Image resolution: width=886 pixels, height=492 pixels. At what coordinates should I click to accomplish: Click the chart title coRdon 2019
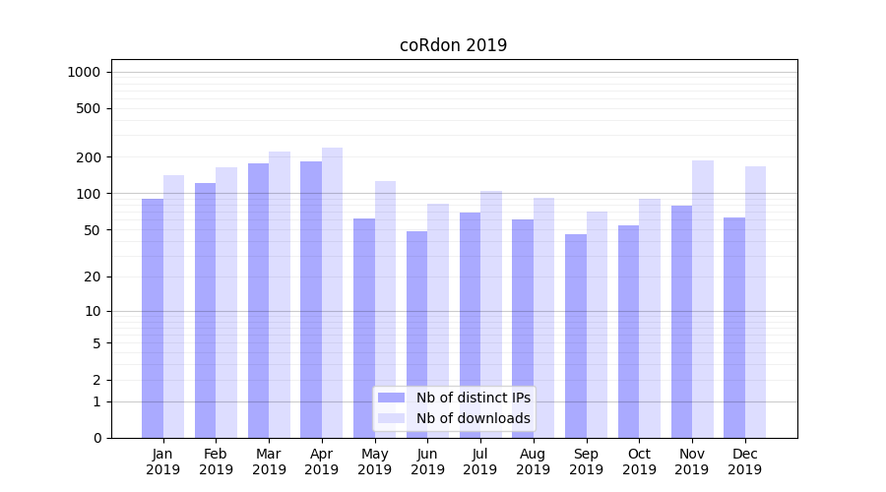[x=453, y=45]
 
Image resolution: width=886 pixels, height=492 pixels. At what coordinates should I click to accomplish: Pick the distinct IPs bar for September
[x=576, y=336]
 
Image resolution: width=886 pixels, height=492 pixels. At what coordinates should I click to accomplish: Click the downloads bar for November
[x=703, y=299]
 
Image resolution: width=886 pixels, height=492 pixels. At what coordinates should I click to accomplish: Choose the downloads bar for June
[x=438, y=321]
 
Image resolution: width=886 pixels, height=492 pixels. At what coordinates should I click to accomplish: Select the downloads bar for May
[x=385, y=309]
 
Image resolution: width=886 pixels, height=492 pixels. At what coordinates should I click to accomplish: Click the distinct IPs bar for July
[x=470, y=325]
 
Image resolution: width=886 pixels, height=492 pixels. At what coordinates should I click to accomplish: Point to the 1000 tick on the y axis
[x=84, y=72]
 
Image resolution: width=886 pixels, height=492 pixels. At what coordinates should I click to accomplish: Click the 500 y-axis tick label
[x=90, y=108]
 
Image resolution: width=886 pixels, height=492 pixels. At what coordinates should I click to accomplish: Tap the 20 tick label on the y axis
[x=93, y=277]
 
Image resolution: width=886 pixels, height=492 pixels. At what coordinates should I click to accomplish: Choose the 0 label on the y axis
[x=96, y=438]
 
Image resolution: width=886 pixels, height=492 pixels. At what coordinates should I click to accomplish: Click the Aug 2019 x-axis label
[x=534, y=461]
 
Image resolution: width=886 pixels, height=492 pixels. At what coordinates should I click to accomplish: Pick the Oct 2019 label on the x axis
[x=639, y=461]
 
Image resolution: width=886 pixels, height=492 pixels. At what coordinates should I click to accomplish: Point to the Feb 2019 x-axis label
[x=216, y=461]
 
